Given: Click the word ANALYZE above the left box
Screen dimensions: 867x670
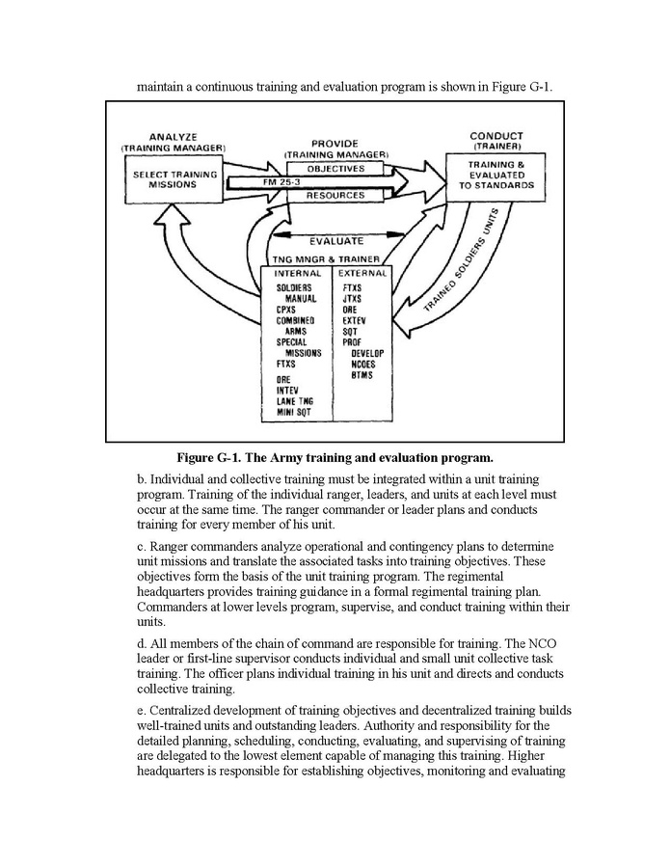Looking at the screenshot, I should point(174,137).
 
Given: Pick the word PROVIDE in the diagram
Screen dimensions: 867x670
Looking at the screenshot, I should point(335,144).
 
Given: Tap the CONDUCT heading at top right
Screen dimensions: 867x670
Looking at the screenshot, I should point(496,136).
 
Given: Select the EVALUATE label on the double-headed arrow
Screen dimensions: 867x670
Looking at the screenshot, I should point(335,242).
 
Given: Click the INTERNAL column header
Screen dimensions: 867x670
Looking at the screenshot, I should point(297,273).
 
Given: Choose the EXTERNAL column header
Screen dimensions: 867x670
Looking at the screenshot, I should point(363,273).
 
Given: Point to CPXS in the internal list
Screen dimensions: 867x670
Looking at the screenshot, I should point(286,311).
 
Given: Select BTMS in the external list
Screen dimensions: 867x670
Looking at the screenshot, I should point(362,375).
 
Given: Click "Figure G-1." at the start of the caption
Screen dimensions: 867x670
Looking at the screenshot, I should point(210,456).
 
